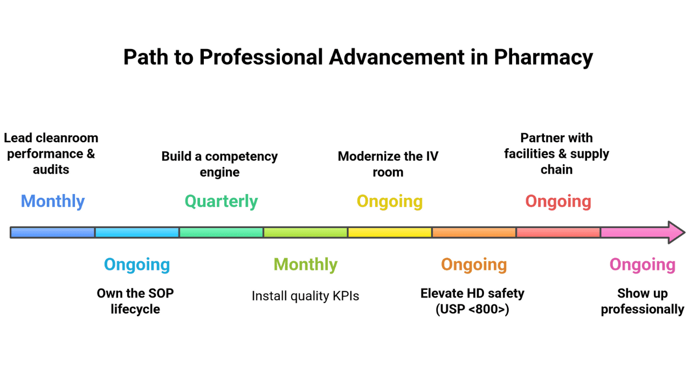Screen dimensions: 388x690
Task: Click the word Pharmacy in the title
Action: point(543,57)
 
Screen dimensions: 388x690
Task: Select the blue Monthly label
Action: point(53,201)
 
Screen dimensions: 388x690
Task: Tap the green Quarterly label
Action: point(221,201)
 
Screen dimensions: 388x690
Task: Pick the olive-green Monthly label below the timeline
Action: point(305,264)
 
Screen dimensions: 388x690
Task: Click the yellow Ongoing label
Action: point(389,201)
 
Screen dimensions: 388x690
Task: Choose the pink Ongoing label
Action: point(642,264)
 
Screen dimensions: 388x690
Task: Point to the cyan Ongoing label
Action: point(137,264)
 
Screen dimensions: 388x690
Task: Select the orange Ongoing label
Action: point(474,264)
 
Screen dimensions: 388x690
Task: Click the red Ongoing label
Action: point(558,201)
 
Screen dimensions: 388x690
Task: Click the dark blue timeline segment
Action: point(53,232)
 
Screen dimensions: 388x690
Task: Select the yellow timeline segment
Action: point(389,232)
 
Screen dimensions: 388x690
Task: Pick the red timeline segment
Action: point(558,232)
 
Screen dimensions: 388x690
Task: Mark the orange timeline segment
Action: point(474,232)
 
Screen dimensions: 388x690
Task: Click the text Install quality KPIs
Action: point(305,296)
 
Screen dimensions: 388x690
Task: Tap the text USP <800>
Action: point(472,309)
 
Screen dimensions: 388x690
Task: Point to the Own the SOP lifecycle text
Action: point(135,301)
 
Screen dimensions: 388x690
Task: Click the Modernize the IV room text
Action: point(388,164)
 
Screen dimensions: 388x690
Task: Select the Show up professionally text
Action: point(642,301)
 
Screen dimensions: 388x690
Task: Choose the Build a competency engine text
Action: point(219,164)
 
